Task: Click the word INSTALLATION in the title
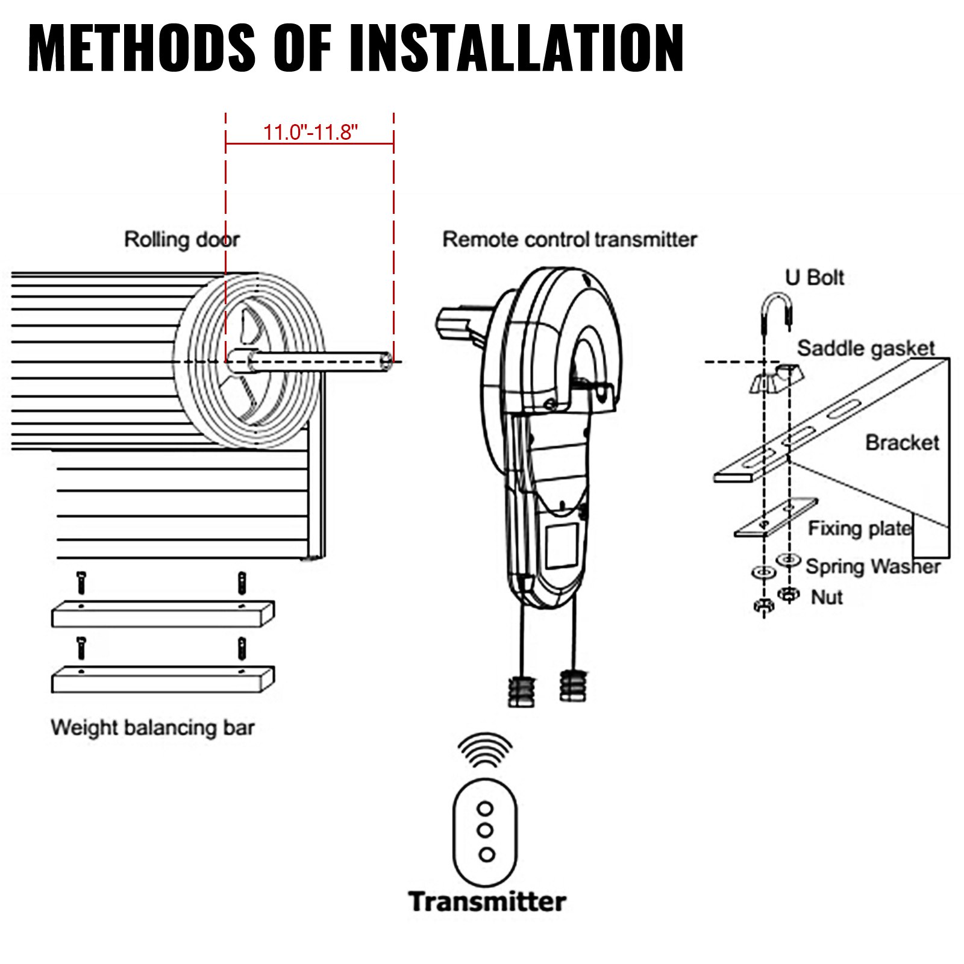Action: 516,48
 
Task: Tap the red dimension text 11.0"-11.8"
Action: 310,132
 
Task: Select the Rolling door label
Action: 181,239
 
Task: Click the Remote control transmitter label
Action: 569,239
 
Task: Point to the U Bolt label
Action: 814,278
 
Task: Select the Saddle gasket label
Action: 865,348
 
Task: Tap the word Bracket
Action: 902,443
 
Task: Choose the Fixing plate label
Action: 860,528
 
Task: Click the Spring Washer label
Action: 872,566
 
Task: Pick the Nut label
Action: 827,597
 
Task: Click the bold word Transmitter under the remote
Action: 487,902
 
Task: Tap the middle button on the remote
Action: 485,830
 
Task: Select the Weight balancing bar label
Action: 152,727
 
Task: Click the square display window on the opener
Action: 562,546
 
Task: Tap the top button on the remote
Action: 485,808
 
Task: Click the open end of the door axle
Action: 386,361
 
